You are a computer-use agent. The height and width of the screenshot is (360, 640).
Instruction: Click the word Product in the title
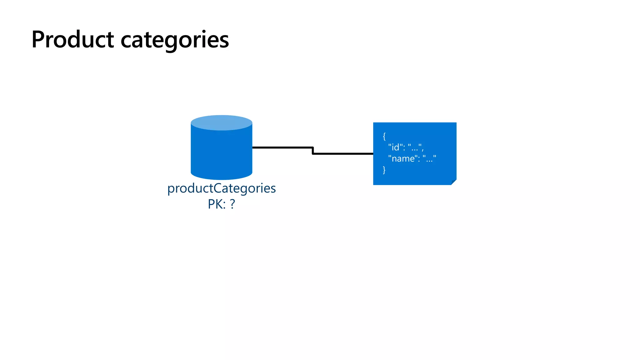72,40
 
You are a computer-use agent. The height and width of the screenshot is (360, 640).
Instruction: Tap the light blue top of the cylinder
221,122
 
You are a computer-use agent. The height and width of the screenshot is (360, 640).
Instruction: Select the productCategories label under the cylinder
221,188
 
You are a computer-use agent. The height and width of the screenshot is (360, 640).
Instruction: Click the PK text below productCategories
216,204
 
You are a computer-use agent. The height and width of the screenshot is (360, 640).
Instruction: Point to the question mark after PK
232,204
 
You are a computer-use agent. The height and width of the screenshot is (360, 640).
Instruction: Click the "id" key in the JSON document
395,147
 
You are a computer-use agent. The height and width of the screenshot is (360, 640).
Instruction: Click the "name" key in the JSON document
403,158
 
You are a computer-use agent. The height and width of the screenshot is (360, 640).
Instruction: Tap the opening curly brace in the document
384,136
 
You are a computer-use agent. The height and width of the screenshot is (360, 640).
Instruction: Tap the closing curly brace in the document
384,170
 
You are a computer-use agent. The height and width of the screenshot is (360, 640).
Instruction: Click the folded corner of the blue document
454,182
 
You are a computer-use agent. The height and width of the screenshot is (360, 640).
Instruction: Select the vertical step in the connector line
312,151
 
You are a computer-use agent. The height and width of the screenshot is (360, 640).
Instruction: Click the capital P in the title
38,40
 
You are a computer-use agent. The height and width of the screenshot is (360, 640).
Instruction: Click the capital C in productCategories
218,188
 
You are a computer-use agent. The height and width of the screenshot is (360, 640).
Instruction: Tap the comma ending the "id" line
422,149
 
